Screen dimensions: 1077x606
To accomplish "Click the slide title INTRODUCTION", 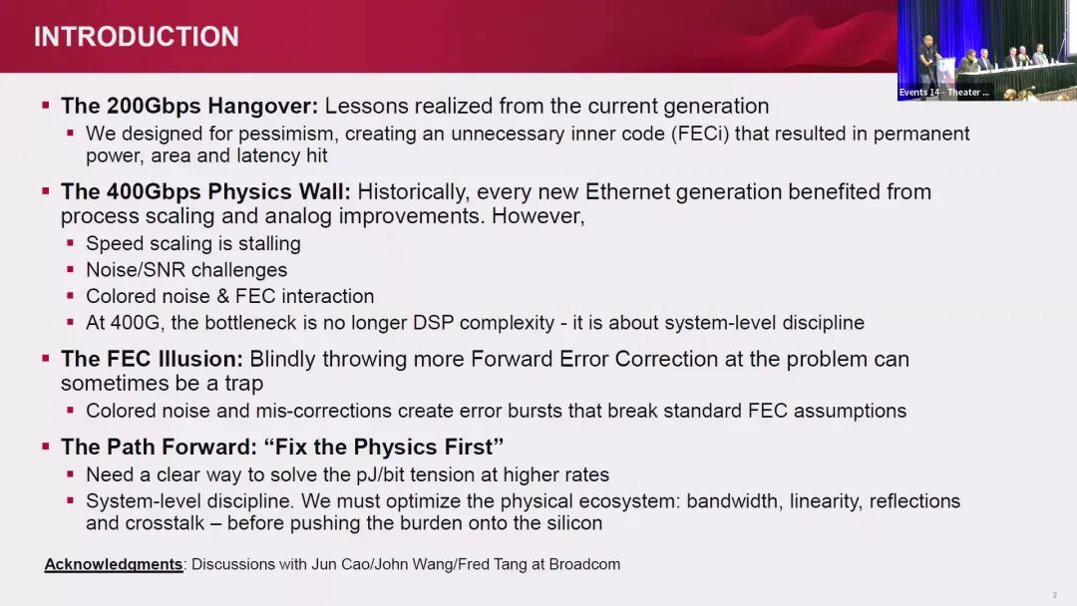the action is (137, 36).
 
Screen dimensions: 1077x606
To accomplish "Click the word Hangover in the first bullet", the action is (263, 107).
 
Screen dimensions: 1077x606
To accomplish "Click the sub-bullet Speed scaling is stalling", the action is (193, 243).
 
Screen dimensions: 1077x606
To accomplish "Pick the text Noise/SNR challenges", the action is (186, 270).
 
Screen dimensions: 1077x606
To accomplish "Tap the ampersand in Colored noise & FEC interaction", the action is (222, 296).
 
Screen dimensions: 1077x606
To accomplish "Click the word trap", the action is (244, 383).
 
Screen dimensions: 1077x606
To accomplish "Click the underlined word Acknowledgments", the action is (114, 564).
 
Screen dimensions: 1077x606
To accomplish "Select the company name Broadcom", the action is (584, 564).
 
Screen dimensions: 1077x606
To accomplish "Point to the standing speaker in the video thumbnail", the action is (928, 61).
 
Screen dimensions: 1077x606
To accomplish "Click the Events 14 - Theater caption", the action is (943, 92).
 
